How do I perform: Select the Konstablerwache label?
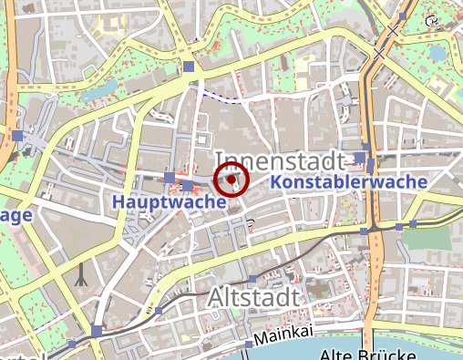(349, 182)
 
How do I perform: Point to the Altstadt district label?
(252, 297)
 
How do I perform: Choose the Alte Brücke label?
(361, 354)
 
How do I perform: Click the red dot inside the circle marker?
(232, 180)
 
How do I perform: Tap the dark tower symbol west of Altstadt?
(82, 274)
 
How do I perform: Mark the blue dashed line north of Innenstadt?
(221, 95)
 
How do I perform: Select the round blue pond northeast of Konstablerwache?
(438, 54)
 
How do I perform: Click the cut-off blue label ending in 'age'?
(16, 215)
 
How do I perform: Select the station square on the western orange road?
(18, 136)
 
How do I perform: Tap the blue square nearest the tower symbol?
(97, 331)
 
